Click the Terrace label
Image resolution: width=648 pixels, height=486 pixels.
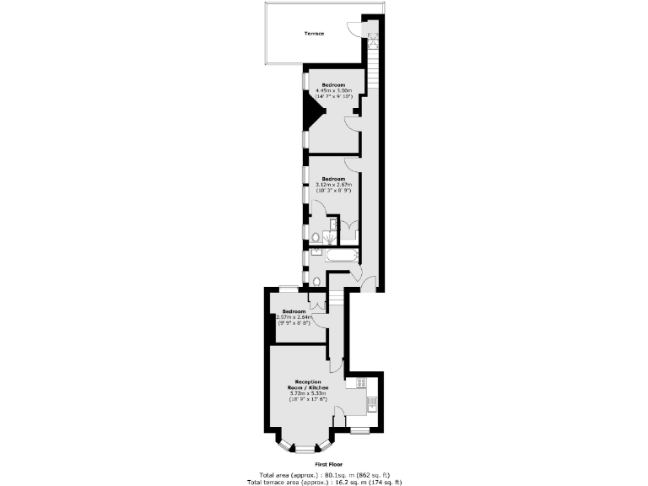pyautogui.click(x=314, y=34)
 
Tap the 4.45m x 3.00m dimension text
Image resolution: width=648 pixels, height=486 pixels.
pyautogui.click(x=333, y=90)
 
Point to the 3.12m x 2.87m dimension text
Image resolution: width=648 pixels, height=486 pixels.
pyautogui.click(x=332, y=185)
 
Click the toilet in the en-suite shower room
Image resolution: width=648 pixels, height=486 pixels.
pyautogui.click(x=314, y=237)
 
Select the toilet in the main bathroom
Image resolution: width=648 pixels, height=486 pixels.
pyautogui.click(x=315, y=281)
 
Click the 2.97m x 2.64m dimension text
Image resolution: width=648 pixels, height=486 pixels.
pyautogui.click(x=294, y=317)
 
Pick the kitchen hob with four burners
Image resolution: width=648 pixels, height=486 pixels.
pyautogui.click(x=360, y=383)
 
